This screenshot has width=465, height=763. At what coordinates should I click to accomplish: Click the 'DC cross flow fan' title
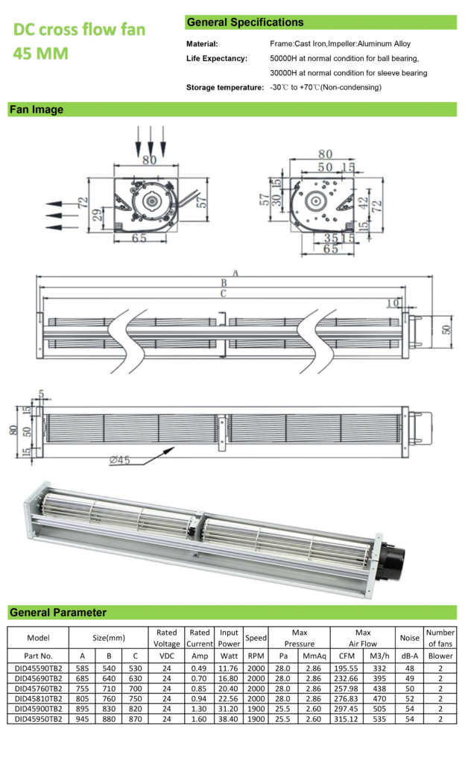(x=79, y=30)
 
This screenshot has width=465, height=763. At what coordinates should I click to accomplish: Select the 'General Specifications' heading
(x=245, y=22)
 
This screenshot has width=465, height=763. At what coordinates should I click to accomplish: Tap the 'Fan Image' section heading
(x=37, y=110)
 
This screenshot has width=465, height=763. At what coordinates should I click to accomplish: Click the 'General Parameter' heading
(x=58, y=612)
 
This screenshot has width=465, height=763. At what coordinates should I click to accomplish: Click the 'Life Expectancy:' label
(x=216, y=58)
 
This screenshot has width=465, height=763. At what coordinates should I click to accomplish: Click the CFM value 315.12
(x=347, y=719)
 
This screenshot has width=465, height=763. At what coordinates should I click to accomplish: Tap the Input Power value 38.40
(x=229, y=719)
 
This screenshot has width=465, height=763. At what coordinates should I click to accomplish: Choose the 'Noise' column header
(x=409, y=638)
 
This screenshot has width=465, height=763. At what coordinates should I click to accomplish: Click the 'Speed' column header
(x=256, y=638)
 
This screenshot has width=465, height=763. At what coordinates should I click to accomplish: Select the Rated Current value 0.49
(x=199, y=668)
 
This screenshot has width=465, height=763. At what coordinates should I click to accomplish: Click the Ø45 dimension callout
(x=120, y=460)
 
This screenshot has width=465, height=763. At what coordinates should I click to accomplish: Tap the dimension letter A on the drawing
(x=235, y=273)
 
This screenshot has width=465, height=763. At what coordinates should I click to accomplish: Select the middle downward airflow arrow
(x=151, y=139)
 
